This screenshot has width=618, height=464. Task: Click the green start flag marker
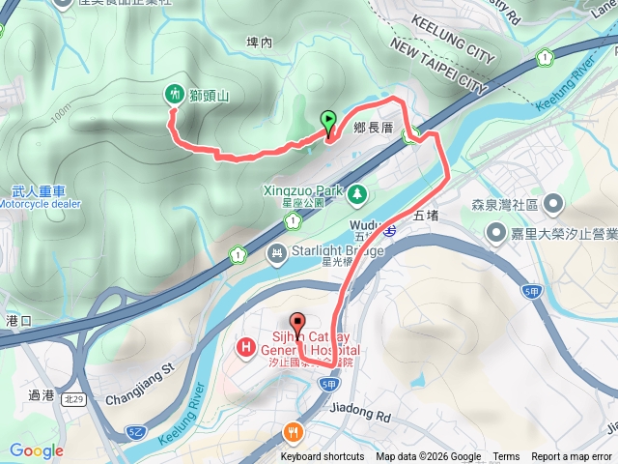point(328,122)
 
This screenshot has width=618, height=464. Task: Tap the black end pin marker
point(296,322)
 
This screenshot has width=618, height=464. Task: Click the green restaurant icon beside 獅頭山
point(173,94)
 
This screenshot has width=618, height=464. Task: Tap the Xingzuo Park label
point(303,190)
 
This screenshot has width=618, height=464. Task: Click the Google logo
point(37,450)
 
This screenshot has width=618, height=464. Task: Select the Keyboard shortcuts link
point(323,457)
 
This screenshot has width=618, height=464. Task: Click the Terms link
point(506,457)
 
